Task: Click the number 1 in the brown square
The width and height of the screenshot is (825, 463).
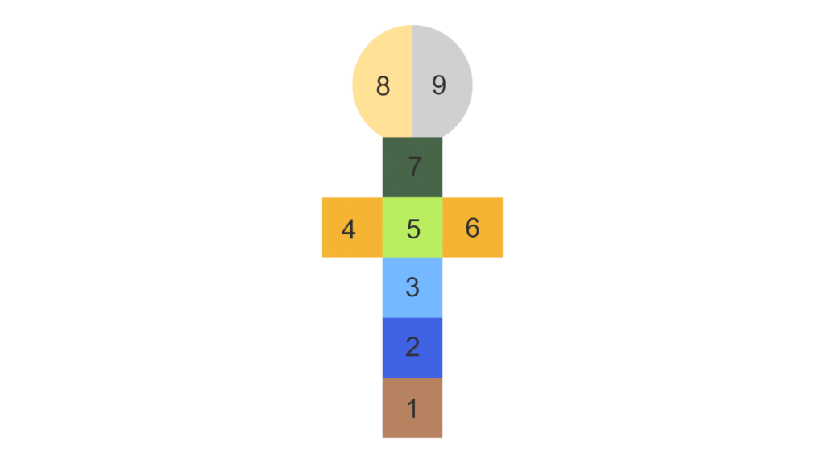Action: (412, 409)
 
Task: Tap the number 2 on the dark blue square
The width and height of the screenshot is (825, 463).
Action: (412, 347)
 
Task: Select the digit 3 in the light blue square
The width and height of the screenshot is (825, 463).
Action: (412, 287)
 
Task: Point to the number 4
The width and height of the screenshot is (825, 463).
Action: (348, 229)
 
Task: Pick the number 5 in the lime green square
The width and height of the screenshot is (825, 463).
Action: (413, 229)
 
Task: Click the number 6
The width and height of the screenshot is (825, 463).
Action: (472, 228)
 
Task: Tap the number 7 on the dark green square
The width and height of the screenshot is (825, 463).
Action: (415, 167)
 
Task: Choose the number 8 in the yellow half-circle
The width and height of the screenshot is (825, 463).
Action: (383, 85)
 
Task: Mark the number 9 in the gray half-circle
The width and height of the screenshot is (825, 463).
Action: (439, 85)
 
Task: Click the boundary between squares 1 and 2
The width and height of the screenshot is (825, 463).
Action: (412, 378)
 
